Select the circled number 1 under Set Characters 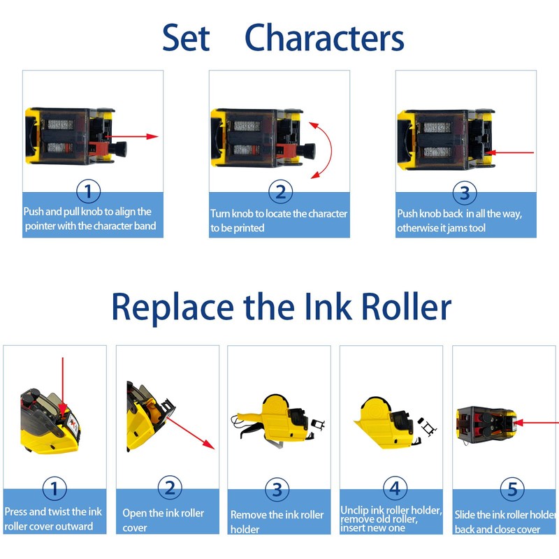87,191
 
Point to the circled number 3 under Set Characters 465,191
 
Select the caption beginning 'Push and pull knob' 88,219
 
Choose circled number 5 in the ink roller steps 506,488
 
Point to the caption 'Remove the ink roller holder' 277,521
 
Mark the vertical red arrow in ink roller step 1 63,384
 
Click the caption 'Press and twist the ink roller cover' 53,518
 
